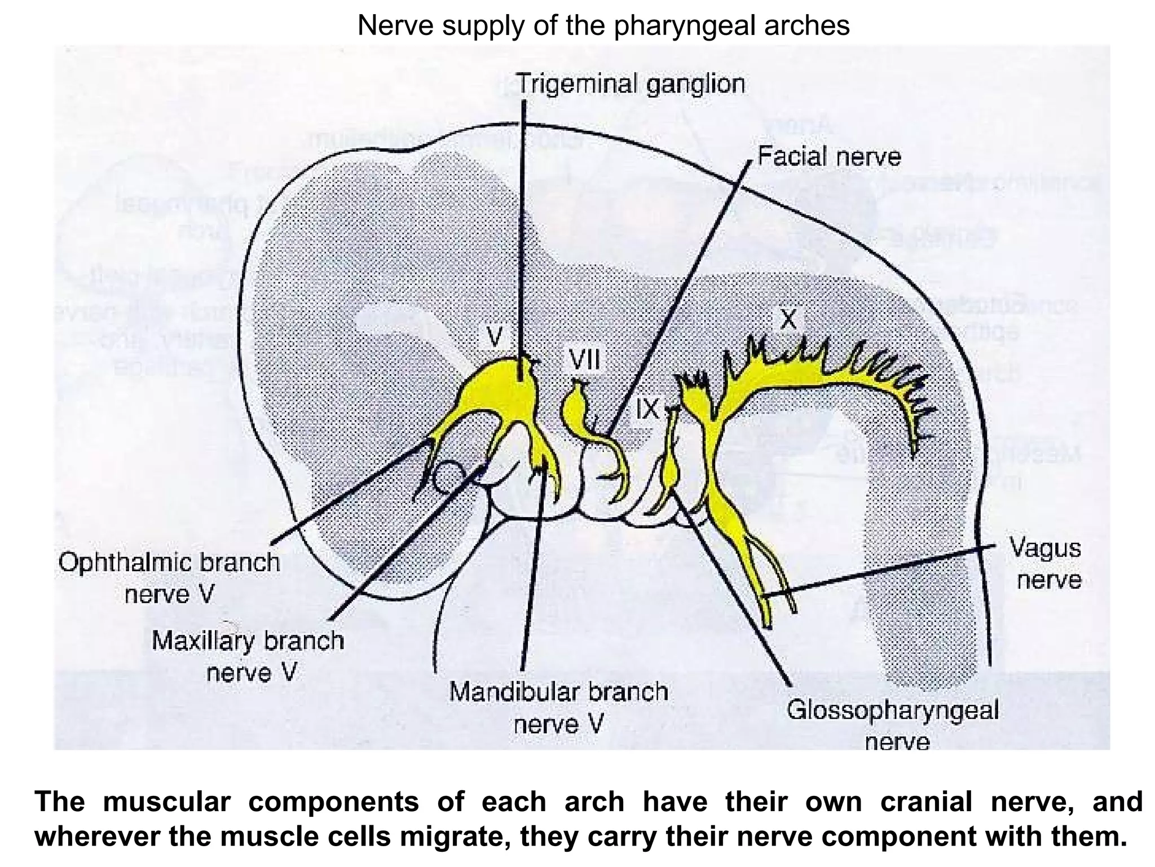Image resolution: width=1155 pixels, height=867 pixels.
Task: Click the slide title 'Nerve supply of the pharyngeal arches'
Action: tap(603, 25)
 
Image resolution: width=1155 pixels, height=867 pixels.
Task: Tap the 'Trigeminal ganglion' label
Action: tap(631, 85)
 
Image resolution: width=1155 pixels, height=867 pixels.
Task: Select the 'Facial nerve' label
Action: tap(829, 157)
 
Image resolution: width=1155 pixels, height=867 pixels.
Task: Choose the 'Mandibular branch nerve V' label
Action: tap(558, 707)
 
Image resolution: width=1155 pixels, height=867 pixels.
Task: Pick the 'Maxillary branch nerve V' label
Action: tap(248, 656)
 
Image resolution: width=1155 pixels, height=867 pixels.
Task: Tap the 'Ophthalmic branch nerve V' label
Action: tap(169, 577)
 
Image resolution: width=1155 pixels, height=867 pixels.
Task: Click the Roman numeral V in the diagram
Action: tap(495, 337)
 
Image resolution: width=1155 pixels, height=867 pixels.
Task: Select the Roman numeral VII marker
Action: tap(584, 360)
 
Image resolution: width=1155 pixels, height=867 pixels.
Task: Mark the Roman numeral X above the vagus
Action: tap(788, 319)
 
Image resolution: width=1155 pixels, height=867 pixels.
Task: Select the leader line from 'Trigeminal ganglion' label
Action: tap(523, 226)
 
